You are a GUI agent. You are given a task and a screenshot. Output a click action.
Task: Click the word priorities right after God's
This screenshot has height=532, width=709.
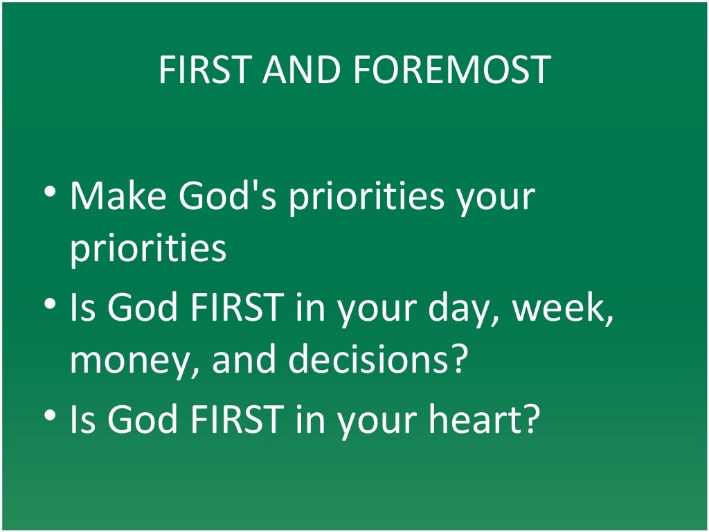[366, 197]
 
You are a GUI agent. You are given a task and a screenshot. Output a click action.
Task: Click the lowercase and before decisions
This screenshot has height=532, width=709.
[244, 360]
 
